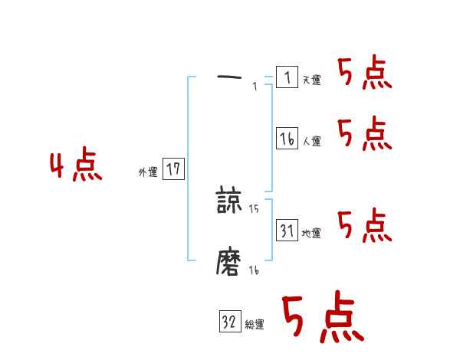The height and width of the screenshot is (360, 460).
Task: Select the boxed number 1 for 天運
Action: click(x=287, y=77)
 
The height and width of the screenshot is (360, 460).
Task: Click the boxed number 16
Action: click(x=287, y=139)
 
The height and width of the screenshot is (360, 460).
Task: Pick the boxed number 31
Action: click(x=287, y=231)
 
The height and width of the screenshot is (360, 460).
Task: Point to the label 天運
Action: click(x=311, y=80)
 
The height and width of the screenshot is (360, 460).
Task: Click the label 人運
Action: click(x=311, y=142)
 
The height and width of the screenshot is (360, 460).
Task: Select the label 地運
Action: click(x=311, y=234)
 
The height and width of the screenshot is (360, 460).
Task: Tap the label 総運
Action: click(x=255, y=325)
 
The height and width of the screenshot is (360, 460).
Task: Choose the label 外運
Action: click(x=148, y=172)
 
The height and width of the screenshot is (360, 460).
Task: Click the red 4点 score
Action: click(x=76, y=167)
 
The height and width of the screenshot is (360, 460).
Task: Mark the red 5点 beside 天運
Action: click(x=364, y=74)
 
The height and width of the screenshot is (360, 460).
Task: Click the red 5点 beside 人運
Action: click(x=364, y=134)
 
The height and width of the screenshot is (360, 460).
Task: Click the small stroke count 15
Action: click(x=254, y=208)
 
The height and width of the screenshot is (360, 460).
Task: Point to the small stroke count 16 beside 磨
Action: click(x=254, y=270)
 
